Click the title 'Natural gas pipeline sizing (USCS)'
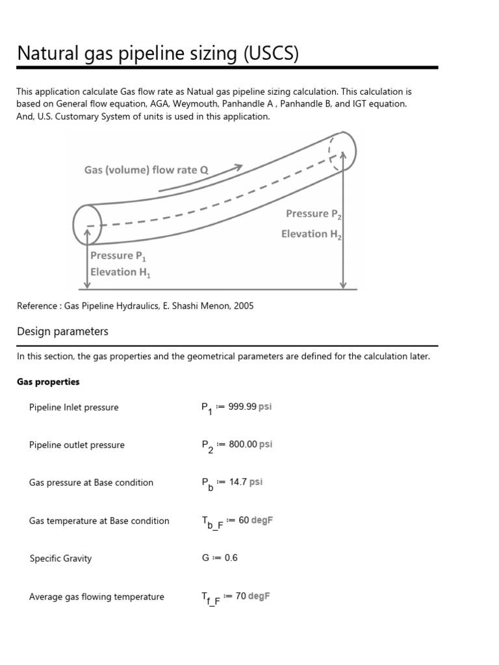(x=158, y=53)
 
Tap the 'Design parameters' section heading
(x=62, y=332)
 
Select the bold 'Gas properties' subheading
(x=48, y=382)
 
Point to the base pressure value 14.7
(x=239, y=483)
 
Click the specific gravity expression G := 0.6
(x=220, y=558)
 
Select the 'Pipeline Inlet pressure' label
(x=74, y=408)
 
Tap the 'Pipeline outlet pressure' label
(x=77, y=445)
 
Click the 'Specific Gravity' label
(x=60, y=558)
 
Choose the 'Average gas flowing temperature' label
(x=97, y=597)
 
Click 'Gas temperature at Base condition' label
(x=99, y=521)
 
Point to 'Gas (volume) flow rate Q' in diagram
(x=146, y=170)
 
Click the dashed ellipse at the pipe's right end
(x=342, y=151)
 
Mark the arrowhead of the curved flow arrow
(x=238, y=168)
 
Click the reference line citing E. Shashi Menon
(x=135, y=306)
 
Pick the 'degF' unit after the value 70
(x=259, y=596)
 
